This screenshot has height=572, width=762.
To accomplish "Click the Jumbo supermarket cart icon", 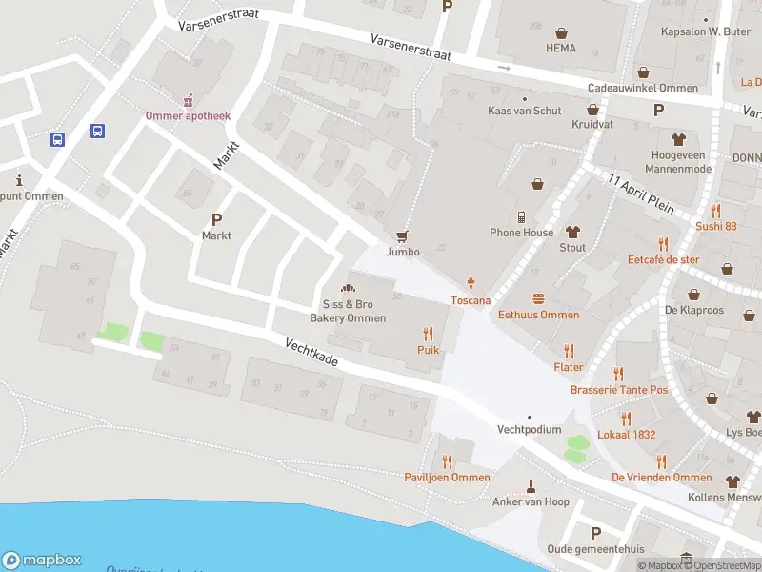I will [402, 236].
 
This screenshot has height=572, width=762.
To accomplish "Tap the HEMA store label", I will [560, 48].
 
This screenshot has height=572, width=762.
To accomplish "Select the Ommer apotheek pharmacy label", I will [188, 115].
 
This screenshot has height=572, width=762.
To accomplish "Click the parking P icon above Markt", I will [216, 218].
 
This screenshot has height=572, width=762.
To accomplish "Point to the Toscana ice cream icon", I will [471, 284].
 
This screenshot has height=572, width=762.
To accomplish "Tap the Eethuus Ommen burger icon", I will [539, 298].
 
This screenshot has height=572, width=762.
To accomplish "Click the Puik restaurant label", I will [428, 350].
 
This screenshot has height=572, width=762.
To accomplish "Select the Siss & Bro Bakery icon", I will [349, 288].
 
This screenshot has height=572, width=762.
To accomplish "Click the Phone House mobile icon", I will [522, 216].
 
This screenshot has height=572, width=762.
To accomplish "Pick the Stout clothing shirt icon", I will [572, 232].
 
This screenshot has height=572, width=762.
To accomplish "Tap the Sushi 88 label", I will [715, 226].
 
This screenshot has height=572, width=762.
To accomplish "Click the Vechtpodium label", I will [529, 429].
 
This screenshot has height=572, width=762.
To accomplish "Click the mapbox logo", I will [42, 561].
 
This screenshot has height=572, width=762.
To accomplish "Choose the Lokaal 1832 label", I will [626, 434].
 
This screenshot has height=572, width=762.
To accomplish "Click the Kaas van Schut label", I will [524, 111].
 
